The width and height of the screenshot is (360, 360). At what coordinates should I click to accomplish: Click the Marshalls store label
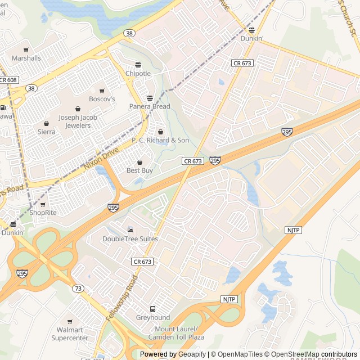26,58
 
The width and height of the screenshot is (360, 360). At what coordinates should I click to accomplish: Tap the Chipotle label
138,73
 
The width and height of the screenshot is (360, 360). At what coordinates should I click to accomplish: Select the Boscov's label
102,99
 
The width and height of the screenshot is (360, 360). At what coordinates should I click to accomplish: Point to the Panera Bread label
150,106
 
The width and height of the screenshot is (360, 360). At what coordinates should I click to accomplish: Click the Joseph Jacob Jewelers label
78,121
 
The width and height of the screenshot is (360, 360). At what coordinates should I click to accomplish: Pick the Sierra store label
47,132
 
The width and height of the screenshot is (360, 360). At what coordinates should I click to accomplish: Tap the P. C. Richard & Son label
160,139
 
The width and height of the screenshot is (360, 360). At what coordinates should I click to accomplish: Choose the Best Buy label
139,170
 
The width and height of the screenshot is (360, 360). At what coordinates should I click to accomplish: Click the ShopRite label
43,213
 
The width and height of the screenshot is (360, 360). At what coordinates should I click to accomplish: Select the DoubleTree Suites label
130,238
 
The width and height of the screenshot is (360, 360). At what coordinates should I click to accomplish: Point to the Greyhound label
152,317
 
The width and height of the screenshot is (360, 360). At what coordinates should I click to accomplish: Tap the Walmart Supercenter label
70,334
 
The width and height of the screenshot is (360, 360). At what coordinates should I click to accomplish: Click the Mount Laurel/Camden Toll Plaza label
176,332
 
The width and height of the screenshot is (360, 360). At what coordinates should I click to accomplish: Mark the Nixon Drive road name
101,159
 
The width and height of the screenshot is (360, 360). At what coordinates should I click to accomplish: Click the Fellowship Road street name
121,298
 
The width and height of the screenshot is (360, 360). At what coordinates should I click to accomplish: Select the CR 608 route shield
8,80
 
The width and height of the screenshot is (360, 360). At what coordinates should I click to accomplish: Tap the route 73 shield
78,288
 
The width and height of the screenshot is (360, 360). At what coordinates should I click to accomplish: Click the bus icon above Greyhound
152,309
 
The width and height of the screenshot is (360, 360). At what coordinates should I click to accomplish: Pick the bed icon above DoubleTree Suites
130,230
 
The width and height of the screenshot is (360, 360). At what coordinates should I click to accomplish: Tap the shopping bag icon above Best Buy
139,162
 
